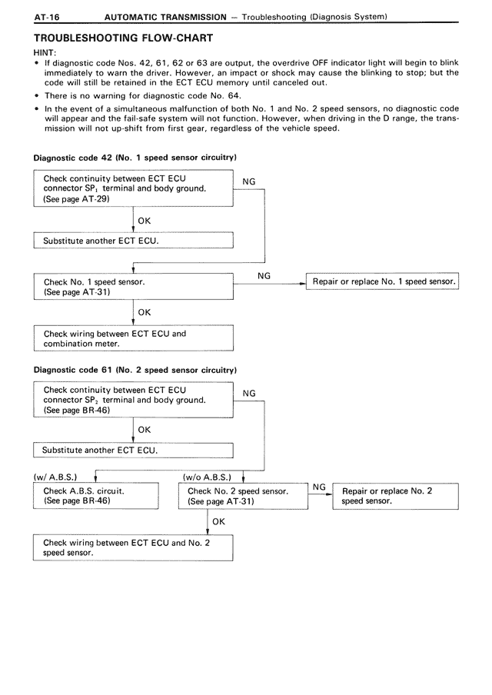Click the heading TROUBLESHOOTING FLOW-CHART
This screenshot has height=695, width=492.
coord(123,38)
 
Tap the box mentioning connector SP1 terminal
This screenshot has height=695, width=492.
coord(133,188)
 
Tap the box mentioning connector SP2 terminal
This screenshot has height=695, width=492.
coord(133,401)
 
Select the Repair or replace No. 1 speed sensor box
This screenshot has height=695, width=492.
coord(382,282)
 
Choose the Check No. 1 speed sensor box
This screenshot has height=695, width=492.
coord(133,288)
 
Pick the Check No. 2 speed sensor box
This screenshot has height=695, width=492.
coord(243,496)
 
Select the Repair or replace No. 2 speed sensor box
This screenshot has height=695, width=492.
coord(395,496)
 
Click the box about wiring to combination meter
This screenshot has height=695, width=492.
coord(133,338)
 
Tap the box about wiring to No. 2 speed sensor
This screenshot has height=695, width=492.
coord(133,547)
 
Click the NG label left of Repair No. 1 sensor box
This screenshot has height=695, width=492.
coord(264,275)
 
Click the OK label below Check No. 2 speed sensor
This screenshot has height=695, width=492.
coord(219,522)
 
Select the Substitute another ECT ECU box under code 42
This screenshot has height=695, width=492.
coord(133,241)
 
